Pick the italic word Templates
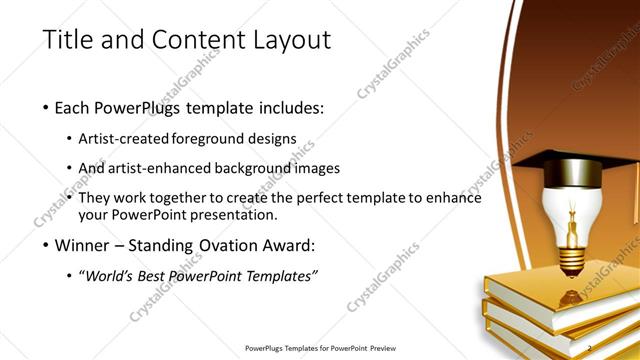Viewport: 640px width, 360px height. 280,275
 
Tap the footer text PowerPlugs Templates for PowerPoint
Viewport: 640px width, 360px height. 320,347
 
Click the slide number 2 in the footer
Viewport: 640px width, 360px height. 589,347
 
